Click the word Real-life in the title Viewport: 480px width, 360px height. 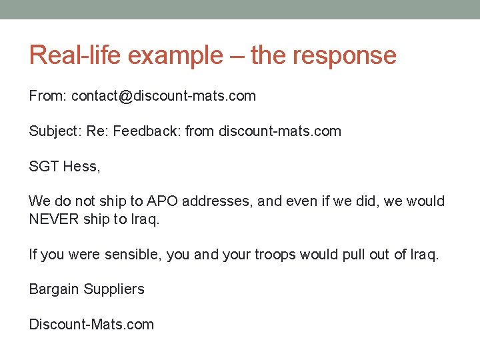75,55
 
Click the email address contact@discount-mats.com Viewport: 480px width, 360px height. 163,96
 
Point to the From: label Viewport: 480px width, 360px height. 47,96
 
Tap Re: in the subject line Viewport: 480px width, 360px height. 96,131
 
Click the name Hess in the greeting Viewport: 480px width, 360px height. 81,167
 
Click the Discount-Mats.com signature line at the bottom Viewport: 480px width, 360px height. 91,325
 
